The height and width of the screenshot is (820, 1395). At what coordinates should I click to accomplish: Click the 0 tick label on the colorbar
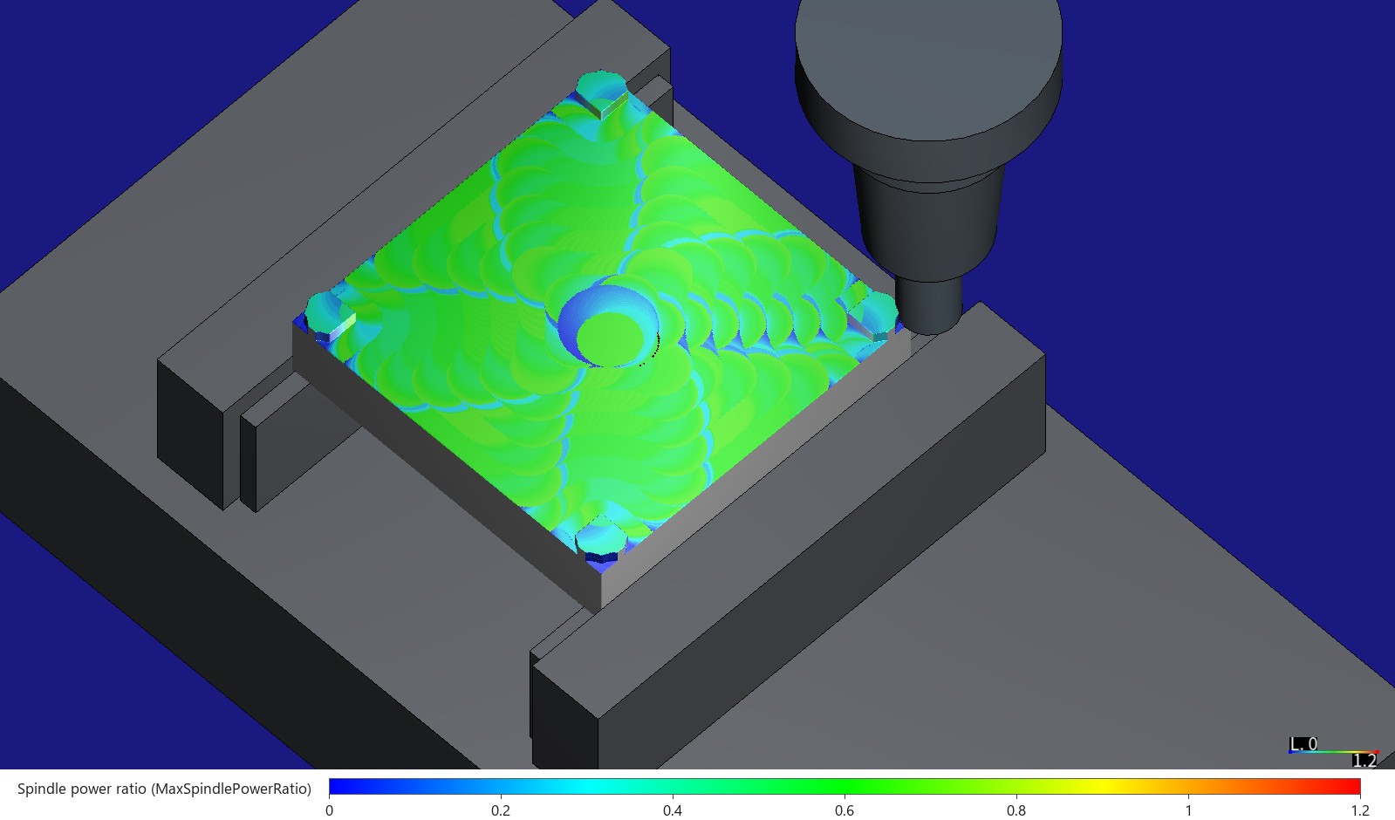pyautogui.click(x=330, y=810)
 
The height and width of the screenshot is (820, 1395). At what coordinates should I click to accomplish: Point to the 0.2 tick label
pyautogui.click(x=501, y=810)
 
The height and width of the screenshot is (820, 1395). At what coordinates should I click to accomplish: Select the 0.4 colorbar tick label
pyautogui.click(x=673, y=810)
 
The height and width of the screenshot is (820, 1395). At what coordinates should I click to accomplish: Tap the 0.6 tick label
pyautogui.click(x=845, y=810)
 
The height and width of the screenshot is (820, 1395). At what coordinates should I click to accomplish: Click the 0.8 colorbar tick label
pyautogui.click(x=1016, y=810)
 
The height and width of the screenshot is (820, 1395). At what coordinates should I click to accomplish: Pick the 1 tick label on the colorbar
pyautogui.click(x=1188, y=810)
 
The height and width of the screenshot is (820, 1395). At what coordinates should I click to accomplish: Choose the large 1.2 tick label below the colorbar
pyautogui.click(x=1360, y=810)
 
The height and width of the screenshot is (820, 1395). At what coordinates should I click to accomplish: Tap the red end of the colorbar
pyautogui.click(x=1355, y=786)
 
